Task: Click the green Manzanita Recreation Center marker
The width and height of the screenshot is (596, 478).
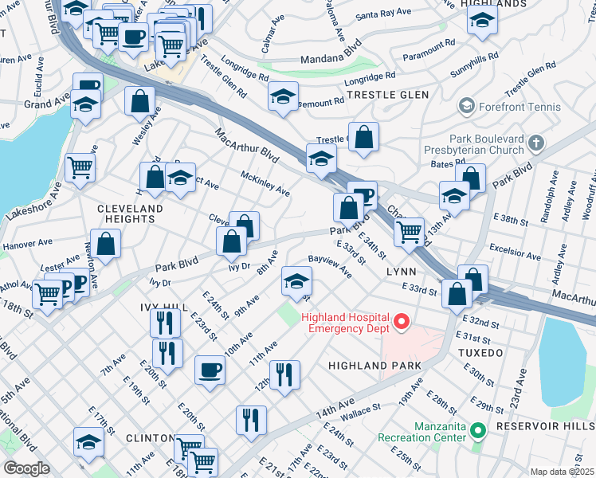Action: (x=478, y=431)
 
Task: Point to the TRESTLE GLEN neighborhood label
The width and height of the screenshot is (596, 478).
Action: (x=386, y=95)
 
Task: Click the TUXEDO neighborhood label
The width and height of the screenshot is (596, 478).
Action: (x=481, y=351)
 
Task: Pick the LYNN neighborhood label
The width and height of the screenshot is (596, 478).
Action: (x=402, y=272)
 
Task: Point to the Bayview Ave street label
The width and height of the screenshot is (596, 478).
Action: (x=331, y=266)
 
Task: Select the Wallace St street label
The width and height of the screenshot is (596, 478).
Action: (x=356, y=417)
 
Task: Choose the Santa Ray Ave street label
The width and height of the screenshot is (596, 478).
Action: (x=385, y=15)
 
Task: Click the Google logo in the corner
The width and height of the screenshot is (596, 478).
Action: (x=26, y=468)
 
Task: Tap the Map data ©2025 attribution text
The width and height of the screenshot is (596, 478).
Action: (x=562, y=472)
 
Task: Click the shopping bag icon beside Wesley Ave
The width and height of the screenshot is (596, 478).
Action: (x=139, y=101)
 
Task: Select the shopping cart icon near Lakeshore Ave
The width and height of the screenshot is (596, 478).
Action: (x=80, y=167)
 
